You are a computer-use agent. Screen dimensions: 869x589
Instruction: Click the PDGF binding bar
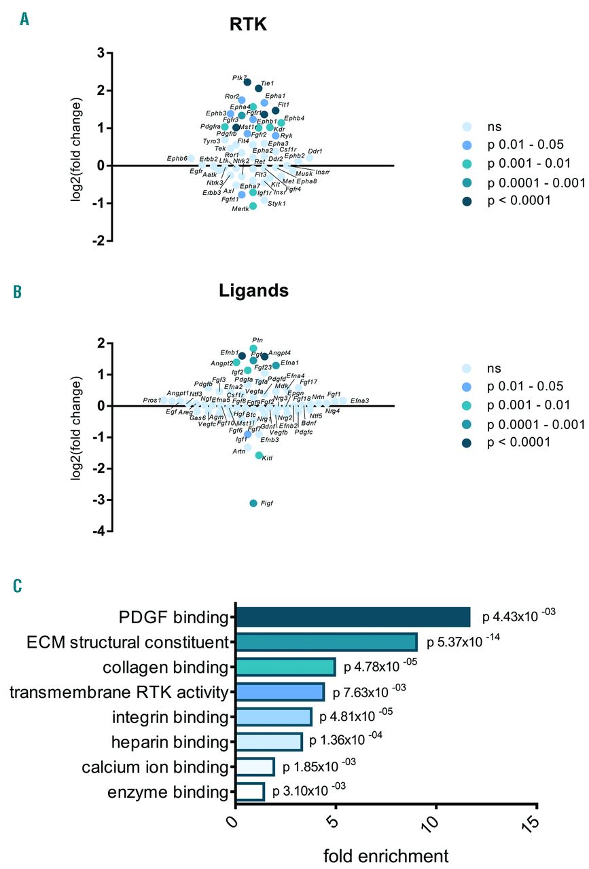point(353,617)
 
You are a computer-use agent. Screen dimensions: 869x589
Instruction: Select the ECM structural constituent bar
point(326,642)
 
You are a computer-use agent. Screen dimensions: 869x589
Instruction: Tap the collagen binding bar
point(285,667)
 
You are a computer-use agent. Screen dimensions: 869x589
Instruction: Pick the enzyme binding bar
point(249,792)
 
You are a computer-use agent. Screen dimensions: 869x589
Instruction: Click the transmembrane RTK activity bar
point(279,692)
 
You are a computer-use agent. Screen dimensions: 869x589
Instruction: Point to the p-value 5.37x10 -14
point(463,641)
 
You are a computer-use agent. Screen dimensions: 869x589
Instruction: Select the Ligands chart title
point(253,291)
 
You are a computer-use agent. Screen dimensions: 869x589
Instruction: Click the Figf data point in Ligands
point(253,503)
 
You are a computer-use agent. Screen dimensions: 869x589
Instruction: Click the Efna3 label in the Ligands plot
point(359,401)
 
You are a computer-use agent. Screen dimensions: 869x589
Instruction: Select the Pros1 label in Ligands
point(152,401)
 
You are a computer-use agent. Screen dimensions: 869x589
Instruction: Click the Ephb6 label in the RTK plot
point(177,158)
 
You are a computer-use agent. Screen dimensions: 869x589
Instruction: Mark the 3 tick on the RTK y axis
point(99,53)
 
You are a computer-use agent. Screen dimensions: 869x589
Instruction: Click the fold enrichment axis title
point(385,853)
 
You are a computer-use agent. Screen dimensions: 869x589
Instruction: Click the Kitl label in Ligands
point(267,460)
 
